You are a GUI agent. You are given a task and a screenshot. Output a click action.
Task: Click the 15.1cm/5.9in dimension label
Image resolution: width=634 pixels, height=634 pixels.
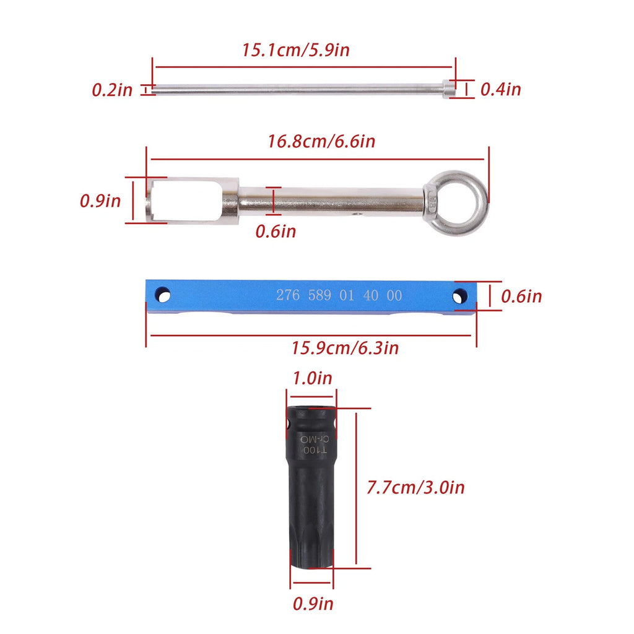click(295, 50)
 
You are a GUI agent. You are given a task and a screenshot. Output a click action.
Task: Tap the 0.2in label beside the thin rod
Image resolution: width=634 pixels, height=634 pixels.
click(112, 90)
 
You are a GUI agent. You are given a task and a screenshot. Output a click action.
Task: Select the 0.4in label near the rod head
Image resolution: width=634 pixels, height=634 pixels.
click(500, 89)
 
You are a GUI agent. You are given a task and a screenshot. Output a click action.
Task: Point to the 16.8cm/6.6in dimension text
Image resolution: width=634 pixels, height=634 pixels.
click(321, 142)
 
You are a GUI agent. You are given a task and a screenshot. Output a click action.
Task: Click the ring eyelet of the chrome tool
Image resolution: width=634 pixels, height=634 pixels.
click(456, 203)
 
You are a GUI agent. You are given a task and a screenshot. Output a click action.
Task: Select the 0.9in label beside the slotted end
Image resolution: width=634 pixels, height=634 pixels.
click(100, 201)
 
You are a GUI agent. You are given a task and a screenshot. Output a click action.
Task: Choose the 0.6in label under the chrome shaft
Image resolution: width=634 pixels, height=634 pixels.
click(276, 232)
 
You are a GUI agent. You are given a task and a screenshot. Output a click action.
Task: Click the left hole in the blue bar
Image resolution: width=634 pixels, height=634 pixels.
click(163, 295)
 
